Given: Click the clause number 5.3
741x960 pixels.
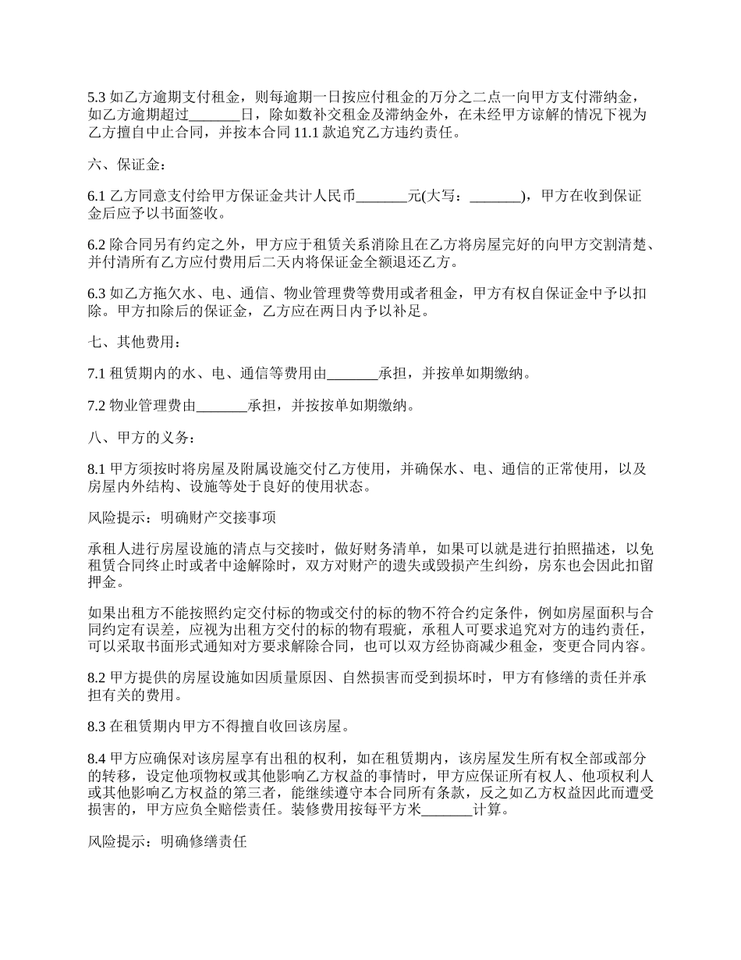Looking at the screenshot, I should tap(97, 98).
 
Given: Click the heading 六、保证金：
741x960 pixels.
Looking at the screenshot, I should tap(126, 165).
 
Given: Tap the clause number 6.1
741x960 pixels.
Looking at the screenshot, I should tap(97, 197).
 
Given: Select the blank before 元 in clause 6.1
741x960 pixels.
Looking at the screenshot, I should tap(381, 197).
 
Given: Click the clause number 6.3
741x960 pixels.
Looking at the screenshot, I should tap(97, 294).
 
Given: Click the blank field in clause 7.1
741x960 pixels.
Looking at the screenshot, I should tap(353, 374).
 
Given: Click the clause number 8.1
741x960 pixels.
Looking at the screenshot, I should tap(97, 470).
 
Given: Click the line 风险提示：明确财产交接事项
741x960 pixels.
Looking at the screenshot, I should tap(180, 517).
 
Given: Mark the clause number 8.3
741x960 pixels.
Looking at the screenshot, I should tap(97, 727).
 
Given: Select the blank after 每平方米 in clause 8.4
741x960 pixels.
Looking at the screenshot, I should tap(447, 809).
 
